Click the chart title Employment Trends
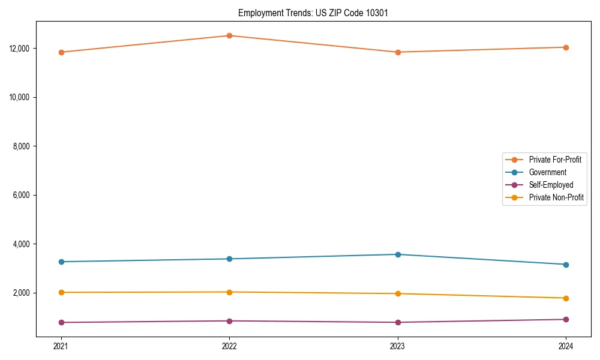tap(313, 13)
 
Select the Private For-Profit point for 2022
tap(229, 35)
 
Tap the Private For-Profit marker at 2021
tap(61, 52)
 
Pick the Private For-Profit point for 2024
tap(566, 47)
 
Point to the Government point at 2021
tap(61, 262)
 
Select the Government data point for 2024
tap(566, 265)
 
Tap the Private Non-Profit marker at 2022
tap(229, 292)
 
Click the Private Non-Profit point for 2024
tap(566, 298)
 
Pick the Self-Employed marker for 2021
tap(61, 322)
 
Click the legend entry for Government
tap(547, 172)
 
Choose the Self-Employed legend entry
tap(551, 185)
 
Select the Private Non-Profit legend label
tap(556, 197)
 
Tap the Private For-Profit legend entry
tap(555, 160)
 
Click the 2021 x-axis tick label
tap(61, 346)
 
